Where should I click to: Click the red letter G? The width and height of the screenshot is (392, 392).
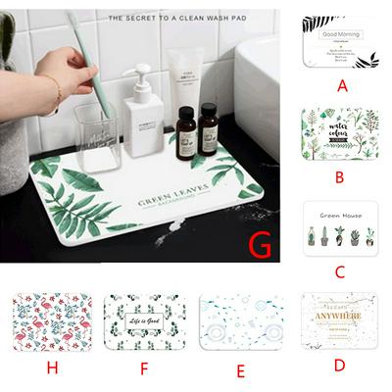260,245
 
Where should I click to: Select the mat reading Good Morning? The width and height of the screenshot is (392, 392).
341,41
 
